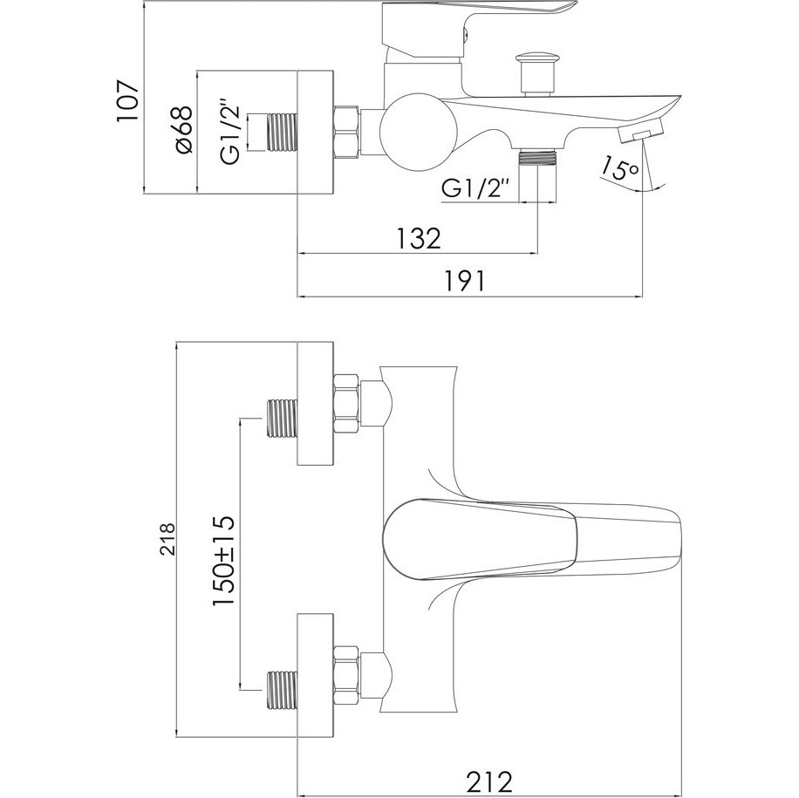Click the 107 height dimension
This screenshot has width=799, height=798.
pyautogui.click(x=127, y=100)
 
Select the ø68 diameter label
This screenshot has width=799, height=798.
pyautogui.click(x=183, y=129)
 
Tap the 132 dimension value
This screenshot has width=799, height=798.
pyautogui.click(x=418, y=237)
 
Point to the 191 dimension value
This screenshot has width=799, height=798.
pyautogui.click(x=466, y=280)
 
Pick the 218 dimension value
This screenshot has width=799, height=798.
pyautogui.click(x=167, y=538)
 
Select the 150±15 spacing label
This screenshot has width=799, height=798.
pyautogui.click(x=223, y=560)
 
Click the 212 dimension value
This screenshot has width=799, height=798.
pyautogui.click(x=488, y=781)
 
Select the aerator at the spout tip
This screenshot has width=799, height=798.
pyautogui.click(x=640, y=130)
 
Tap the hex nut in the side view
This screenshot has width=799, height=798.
pyautogui.click(x=346, y=132)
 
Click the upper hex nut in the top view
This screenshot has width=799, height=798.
pyautogui.click(x=346, y=404)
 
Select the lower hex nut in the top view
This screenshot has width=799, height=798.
pyautogui.click(x=346, y=675)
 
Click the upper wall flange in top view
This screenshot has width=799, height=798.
pyautogui.click(x=315, y=404)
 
